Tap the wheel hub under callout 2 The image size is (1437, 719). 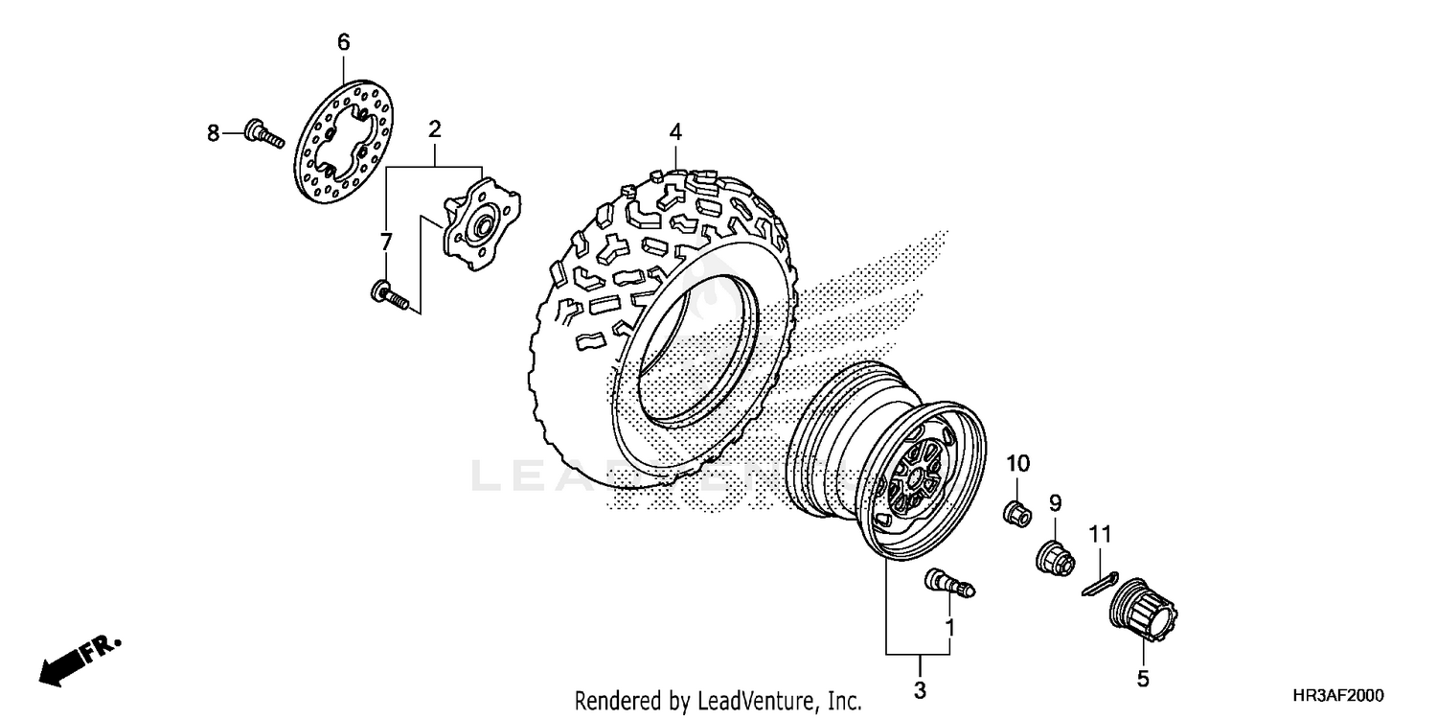click(482, 217)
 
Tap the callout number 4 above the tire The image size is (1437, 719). click(675, 131)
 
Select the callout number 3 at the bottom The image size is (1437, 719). click(920, 690)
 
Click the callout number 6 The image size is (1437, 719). click(343, 41)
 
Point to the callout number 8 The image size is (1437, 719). click(213, 131)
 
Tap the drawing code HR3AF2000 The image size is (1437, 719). click(1338, 697)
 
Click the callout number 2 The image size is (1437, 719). click(434, 128)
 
